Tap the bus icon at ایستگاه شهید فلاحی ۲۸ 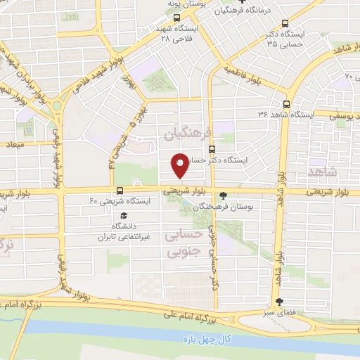coord(178,19)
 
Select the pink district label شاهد coord(323,172)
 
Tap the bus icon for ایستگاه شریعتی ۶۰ coord(120,190)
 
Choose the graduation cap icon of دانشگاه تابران coord(124,216)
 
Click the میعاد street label coord(14,143)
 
